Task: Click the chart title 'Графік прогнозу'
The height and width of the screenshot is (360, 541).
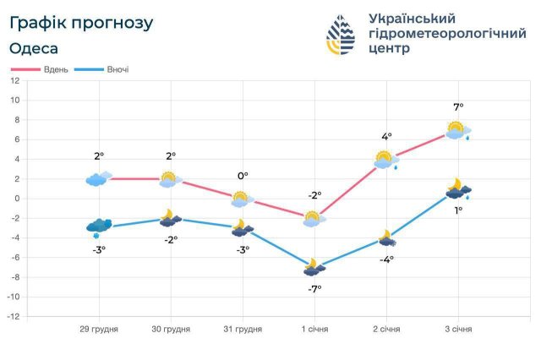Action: pos(81,23)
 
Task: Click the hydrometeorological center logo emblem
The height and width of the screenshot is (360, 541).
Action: pos(342,35)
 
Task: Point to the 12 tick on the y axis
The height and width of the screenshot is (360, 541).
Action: pos(14,81)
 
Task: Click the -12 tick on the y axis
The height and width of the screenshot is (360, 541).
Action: pos(14,317)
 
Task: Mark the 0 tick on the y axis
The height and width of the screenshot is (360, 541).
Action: pos(15,199)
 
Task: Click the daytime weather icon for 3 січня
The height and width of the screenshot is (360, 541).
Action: pos(457,130)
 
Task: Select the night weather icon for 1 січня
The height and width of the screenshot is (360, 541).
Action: pos(314,268)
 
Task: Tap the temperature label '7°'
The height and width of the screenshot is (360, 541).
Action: pos(458,107)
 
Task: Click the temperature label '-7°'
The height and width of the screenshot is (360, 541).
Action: pos(314,289)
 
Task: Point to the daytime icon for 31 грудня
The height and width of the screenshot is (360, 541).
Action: pos(242,199)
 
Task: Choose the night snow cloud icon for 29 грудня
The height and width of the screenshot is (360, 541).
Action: pos(99,226)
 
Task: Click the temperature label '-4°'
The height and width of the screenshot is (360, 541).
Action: pos(386,259)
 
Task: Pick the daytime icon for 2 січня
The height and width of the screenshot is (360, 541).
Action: pos(385,159)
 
